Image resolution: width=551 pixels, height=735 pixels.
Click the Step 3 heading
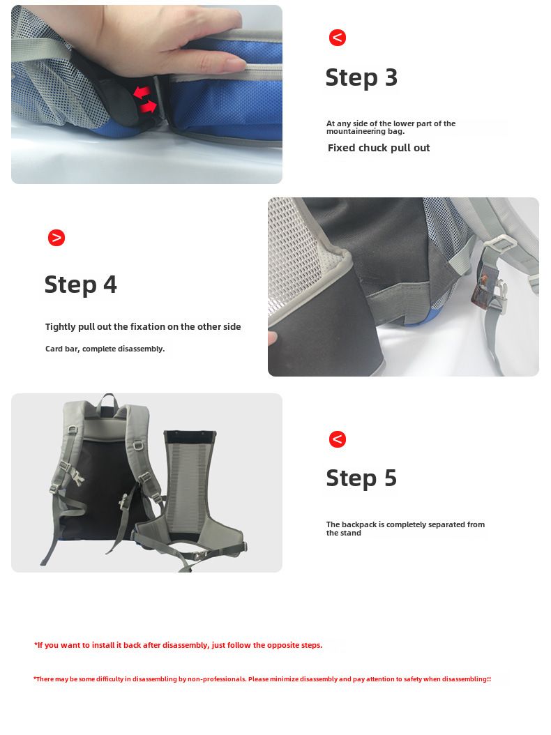tap(361, 78)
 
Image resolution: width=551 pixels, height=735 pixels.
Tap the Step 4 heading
tap(81, 285)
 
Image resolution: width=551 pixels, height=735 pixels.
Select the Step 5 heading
tap(361, 478)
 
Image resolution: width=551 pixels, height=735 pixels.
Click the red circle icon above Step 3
tap(337, 38)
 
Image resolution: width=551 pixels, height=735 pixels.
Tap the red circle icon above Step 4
tap(56, 238)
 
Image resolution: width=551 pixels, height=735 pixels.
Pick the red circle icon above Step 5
tap(337, 439)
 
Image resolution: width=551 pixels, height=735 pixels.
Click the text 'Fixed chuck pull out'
tap(379, 148)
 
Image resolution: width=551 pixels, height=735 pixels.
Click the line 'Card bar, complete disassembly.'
tap(105, 349)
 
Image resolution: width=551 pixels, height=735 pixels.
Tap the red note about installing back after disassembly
tap(178, 645)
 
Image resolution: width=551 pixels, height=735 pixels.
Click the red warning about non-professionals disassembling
tap(262, 679)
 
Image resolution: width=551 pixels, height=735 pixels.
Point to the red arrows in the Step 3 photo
tap(145, 100)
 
